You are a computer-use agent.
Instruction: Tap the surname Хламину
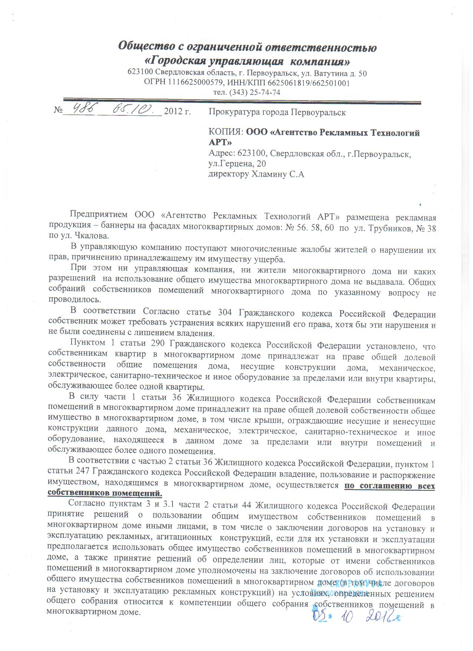pos(269,174)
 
